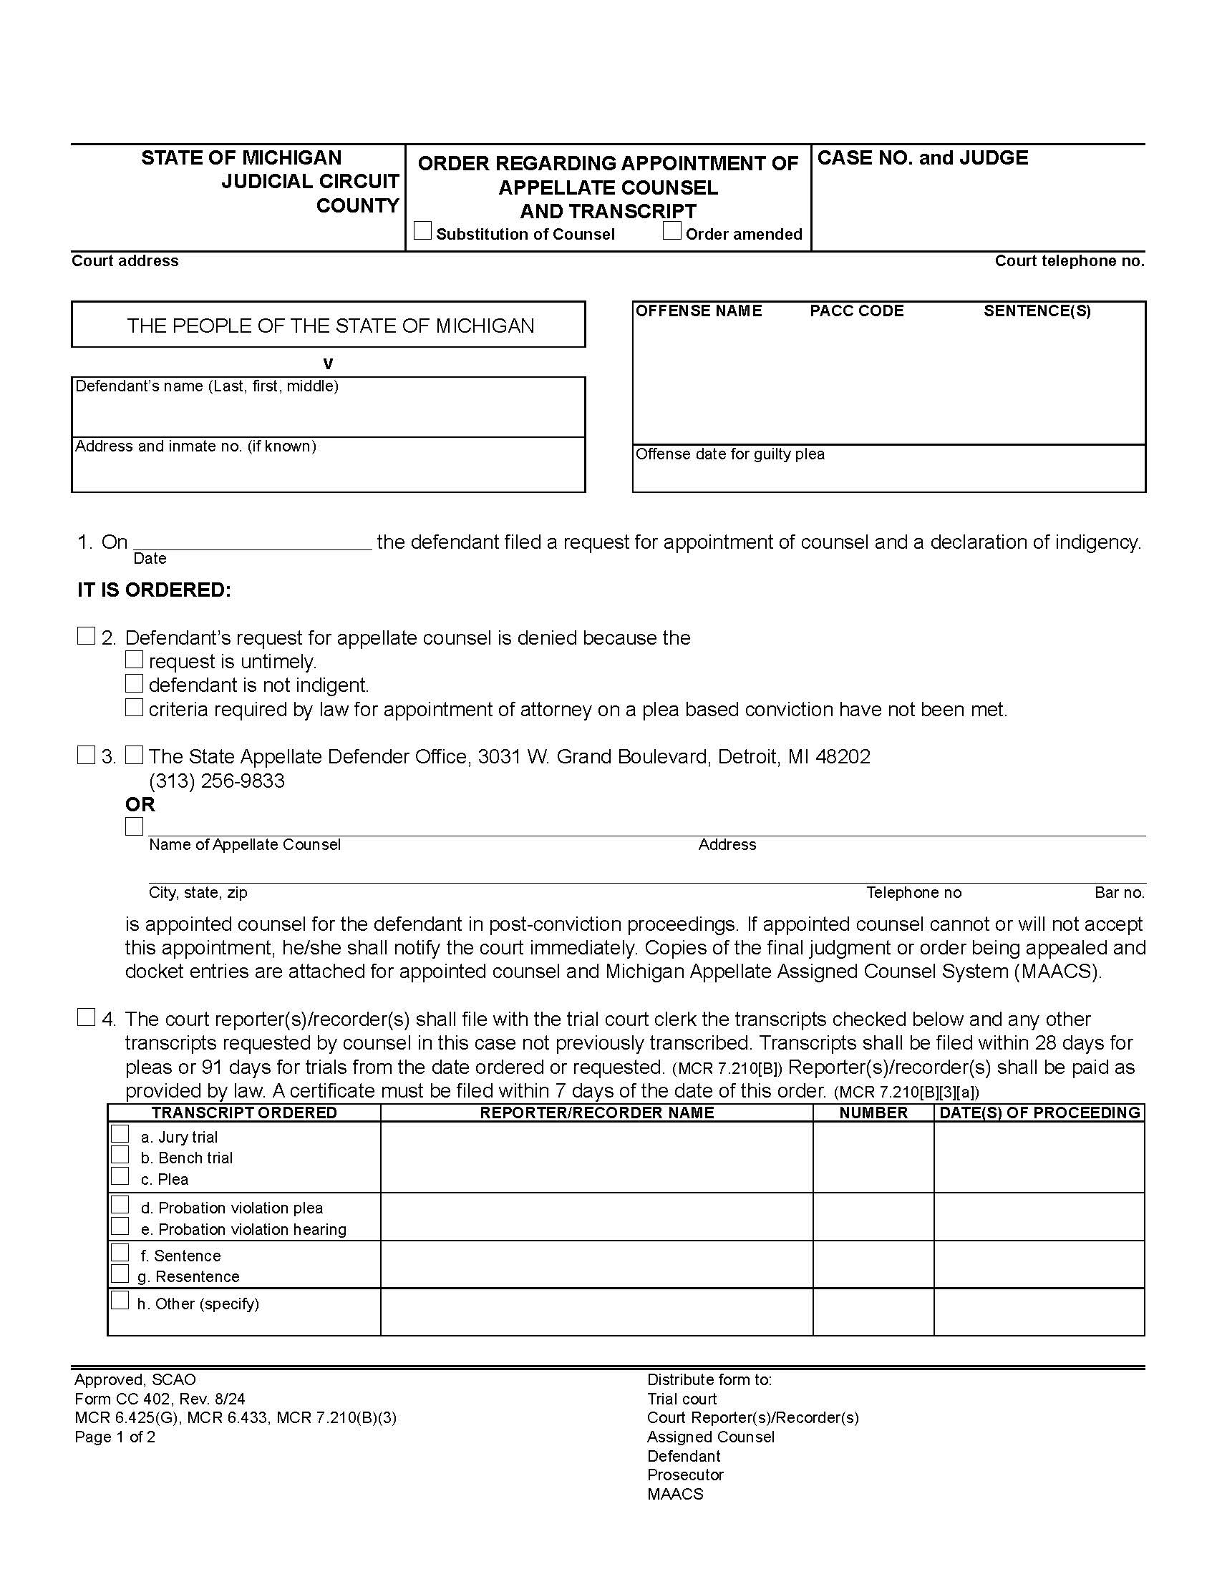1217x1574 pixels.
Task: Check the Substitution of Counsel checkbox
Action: (423, 230)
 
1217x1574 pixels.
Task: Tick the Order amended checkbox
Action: (672, 230)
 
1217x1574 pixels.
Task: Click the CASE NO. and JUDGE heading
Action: (922, 158)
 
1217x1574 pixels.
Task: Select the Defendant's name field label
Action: (207, 386)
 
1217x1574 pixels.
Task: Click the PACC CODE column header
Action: (856, 311)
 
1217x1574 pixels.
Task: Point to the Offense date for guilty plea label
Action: (729, 454)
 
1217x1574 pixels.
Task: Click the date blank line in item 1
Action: (252, 542)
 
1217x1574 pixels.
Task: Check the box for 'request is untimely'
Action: (134, 660)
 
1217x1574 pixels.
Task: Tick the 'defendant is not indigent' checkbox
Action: (134, 683)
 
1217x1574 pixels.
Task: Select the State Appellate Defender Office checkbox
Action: (134, 755)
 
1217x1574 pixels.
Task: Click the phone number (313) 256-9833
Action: (216, 781)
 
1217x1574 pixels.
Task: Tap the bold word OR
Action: (140, 804)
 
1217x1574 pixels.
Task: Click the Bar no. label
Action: (1119, 892)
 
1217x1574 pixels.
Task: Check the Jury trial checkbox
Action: (120, 1135)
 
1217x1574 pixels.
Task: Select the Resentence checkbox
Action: (120, 1274)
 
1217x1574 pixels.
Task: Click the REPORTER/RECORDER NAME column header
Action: (597, 1113)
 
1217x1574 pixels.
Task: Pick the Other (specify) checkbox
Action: (120, 1301)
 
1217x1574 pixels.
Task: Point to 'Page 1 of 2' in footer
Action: (115, 1437)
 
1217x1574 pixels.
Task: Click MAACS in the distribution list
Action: (675, 1494)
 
